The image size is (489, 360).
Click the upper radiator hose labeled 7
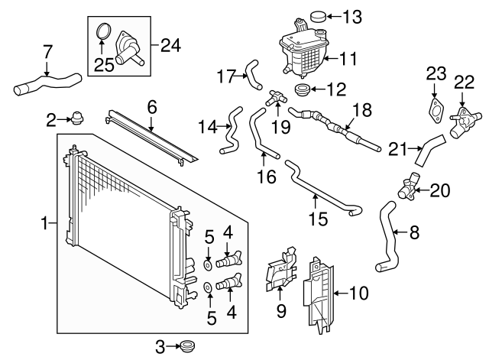click(46, 83)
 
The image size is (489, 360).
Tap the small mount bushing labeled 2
click(76, 118)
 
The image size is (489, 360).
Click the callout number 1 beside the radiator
click(44, 223)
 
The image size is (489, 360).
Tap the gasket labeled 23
click(435, 109)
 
